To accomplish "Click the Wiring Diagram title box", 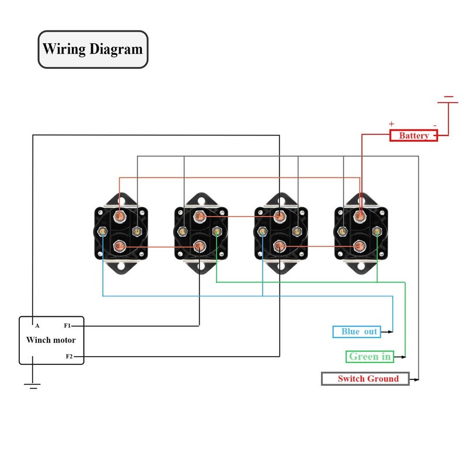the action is tap(93, 50).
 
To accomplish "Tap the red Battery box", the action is tap(414, 135).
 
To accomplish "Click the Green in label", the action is tap(370, 357).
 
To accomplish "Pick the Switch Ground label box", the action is tap(365, 379).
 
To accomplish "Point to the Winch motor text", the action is tap(51, 340).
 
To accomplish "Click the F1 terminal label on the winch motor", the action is tap(67, 326).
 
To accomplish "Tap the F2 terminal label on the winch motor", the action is tap(69, 356).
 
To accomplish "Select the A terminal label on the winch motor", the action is tap(37, 326).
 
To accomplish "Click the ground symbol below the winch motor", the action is tap(32, 386).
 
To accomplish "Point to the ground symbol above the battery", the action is tap(448, 100).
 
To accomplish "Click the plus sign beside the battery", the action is tap(391, 124).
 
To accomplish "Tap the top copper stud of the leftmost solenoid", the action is tap(120, 215).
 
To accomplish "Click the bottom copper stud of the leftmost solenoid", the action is tap(120, 246).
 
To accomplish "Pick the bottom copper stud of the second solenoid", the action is tap(200, 246).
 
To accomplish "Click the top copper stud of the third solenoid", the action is tap(280, 216).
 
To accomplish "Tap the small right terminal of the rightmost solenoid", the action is tap(377, 231).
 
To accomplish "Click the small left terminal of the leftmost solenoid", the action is tap(103, 231).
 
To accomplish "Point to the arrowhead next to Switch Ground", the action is tap(416, 380).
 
